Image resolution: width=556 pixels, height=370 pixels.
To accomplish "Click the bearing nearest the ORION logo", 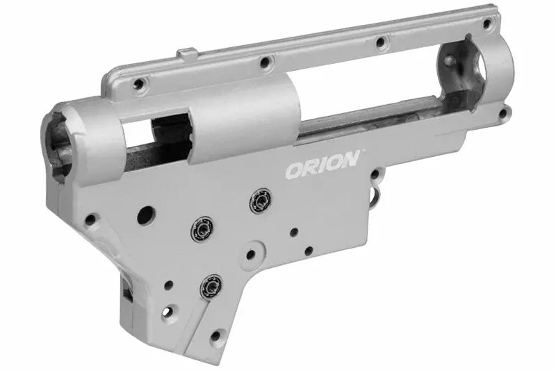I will [x=261, y=200].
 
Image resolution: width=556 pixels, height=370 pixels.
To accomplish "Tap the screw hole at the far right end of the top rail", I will [x=487, y=23].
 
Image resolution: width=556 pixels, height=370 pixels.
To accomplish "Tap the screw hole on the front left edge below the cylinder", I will [x=91, y=220].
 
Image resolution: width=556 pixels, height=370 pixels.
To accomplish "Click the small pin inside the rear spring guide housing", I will [x=452, y=60].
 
